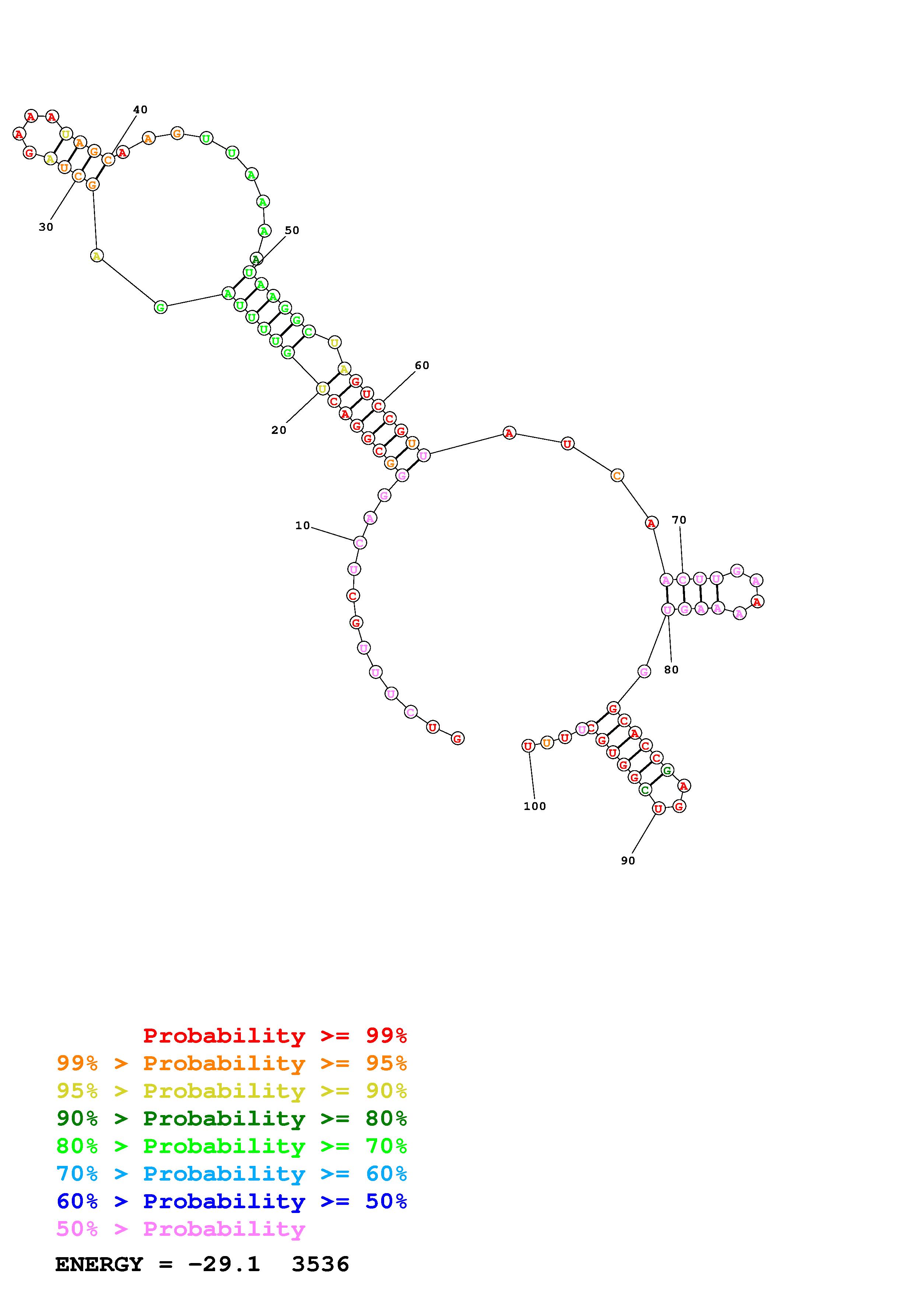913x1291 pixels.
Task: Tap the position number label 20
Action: coord(278,430)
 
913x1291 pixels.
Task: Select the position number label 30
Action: coord(46,227)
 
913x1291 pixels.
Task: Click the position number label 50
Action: coord(292,230)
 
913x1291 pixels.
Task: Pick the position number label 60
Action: coord(422,365)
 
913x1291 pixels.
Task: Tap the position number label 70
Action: coord(679,520)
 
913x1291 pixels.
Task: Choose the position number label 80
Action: coord(671,670)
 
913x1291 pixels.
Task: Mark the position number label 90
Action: coord(628,860)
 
